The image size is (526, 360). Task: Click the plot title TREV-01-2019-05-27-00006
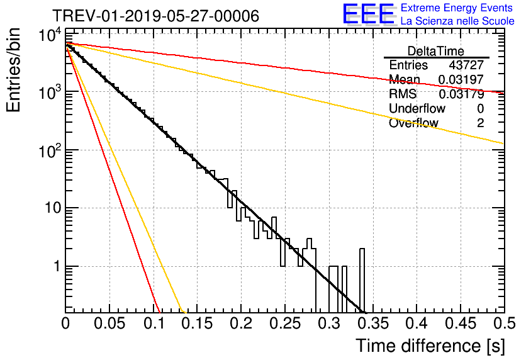pyautogui.click(x=156, y=16)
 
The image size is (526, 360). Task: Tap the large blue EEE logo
pyautogui.click(x=368, y=14)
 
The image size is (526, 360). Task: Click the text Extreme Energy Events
pyautogui.click(x=457, y=8)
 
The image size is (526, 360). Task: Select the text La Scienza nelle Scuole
pyautogui.click(x=457, y=21)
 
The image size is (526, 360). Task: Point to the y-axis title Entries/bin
pyautogui.click(x=13, y=70)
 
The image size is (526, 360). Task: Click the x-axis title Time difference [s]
pyautogui.click(x=430, y=346)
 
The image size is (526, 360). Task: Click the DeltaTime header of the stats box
pyautogui.click(x=436, y=51)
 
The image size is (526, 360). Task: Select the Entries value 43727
pyautogui.click(x=466, y=65)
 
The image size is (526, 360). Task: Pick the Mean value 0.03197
pyautogui.click(x=461, y=79)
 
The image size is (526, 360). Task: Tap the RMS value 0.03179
pyautogui.click(x=461, y=94)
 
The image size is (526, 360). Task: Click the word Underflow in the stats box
pyautogui.click(x=417, y=108)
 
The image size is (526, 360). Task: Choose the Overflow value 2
pyautogui.click(x=480, y=123)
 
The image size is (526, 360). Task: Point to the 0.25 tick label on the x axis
pyautogui.click(x=285, y=323)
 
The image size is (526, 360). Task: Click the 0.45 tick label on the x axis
pyautogui.click(x=461, y=323)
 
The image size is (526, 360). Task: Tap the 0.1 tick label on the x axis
pyautogui.click(x=154, y=323)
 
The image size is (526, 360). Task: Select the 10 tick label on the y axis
pyautogui.click(x=53, y=208)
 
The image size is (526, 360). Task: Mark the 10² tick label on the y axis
pyautogui.click(x=50, y=151)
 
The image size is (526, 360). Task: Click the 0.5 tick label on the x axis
pyautogui.click(x=505, y=323)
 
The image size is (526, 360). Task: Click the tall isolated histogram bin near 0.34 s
pyautogui.click(x=362, y=280)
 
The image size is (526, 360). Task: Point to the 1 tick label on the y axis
pyautogui.click(x=57, y=266)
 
